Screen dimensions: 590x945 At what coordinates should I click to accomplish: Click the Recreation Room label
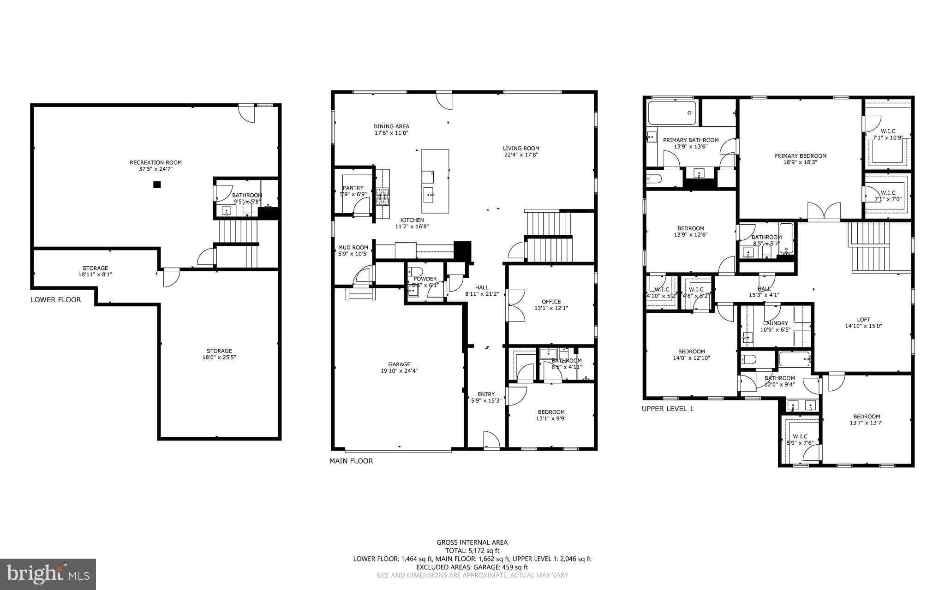(x=156, y=162)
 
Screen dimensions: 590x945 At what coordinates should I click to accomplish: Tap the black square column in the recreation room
(x=157, y=185)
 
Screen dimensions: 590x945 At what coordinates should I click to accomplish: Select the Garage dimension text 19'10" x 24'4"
(x=399, y=371)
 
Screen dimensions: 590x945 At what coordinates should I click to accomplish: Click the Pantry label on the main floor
(x=353, y=188)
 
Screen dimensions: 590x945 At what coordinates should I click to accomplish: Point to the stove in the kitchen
(x=383, y=197)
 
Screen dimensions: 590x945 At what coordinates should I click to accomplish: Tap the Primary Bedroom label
(x=800, y=156)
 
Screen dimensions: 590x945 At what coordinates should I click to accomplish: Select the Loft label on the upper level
(x=863, y=319)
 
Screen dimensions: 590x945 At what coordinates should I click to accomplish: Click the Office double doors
(x=516, y=305)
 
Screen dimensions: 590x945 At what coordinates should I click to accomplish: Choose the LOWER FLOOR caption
(x=56, y=300)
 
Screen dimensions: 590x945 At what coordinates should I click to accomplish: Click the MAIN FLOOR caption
(x=351, y=461)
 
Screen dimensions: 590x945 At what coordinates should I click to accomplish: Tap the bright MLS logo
(x=48, y=574)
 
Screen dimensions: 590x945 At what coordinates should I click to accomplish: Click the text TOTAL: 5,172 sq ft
(x=472, y=550)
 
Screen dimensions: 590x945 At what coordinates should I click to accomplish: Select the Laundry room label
(x=775, y=323)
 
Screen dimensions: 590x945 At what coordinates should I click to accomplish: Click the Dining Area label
(x=391, y=126)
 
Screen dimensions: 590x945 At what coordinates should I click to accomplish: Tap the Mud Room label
(x=353, y=248)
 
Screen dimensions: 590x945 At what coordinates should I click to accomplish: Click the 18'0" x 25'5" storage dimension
(x=219, y=358)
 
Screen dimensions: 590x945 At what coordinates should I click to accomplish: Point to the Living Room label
(x=521, y=149)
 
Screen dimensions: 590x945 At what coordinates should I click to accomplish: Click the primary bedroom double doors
(x=824, y=211)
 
